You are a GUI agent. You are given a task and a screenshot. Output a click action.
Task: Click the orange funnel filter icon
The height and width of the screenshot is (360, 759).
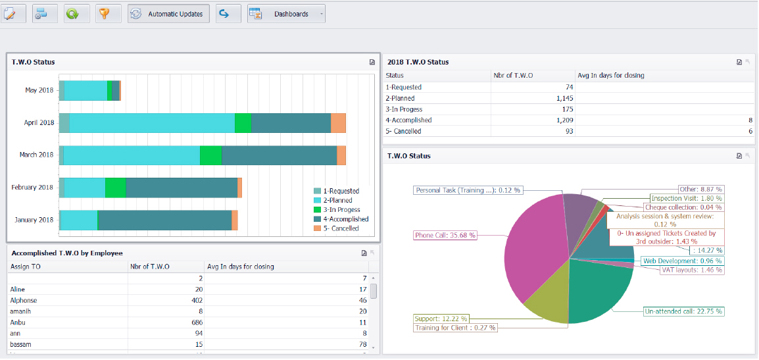pos(105,14)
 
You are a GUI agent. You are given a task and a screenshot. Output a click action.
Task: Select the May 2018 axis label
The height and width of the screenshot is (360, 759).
pos(39,90)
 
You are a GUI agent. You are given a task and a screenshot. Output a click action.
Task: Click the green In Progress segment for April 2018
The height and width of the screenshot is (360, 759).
pos(243,123)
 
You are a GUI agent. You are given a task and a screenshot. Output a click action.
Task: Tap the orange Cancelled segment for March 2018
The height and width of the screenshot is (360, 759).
pos(341,155)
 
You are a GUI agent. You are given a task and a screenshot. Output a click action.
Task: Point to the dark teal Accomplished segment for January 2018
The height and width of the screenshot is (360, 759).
pos(164,220)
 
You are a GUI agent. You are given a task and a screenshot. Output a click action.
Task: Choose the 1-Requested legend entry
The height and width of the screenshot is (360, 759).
pos(341,191)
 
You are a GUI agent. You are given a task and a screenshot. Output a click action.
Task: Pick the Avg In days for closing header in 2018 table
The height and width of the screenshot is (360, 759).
pos(611,75)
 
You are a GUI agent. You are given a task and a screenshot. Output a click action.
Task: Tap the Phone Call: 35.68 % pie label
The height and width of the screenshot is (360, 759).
pos(445,235)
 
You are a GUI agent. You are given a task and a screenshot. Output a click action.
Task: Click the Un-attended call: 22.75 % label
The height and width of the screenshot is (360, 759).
pos(683,311)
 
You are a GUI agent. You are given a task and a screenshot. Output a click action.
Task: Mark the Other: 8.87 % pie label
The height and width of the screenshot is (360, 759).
pos(700,189)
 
